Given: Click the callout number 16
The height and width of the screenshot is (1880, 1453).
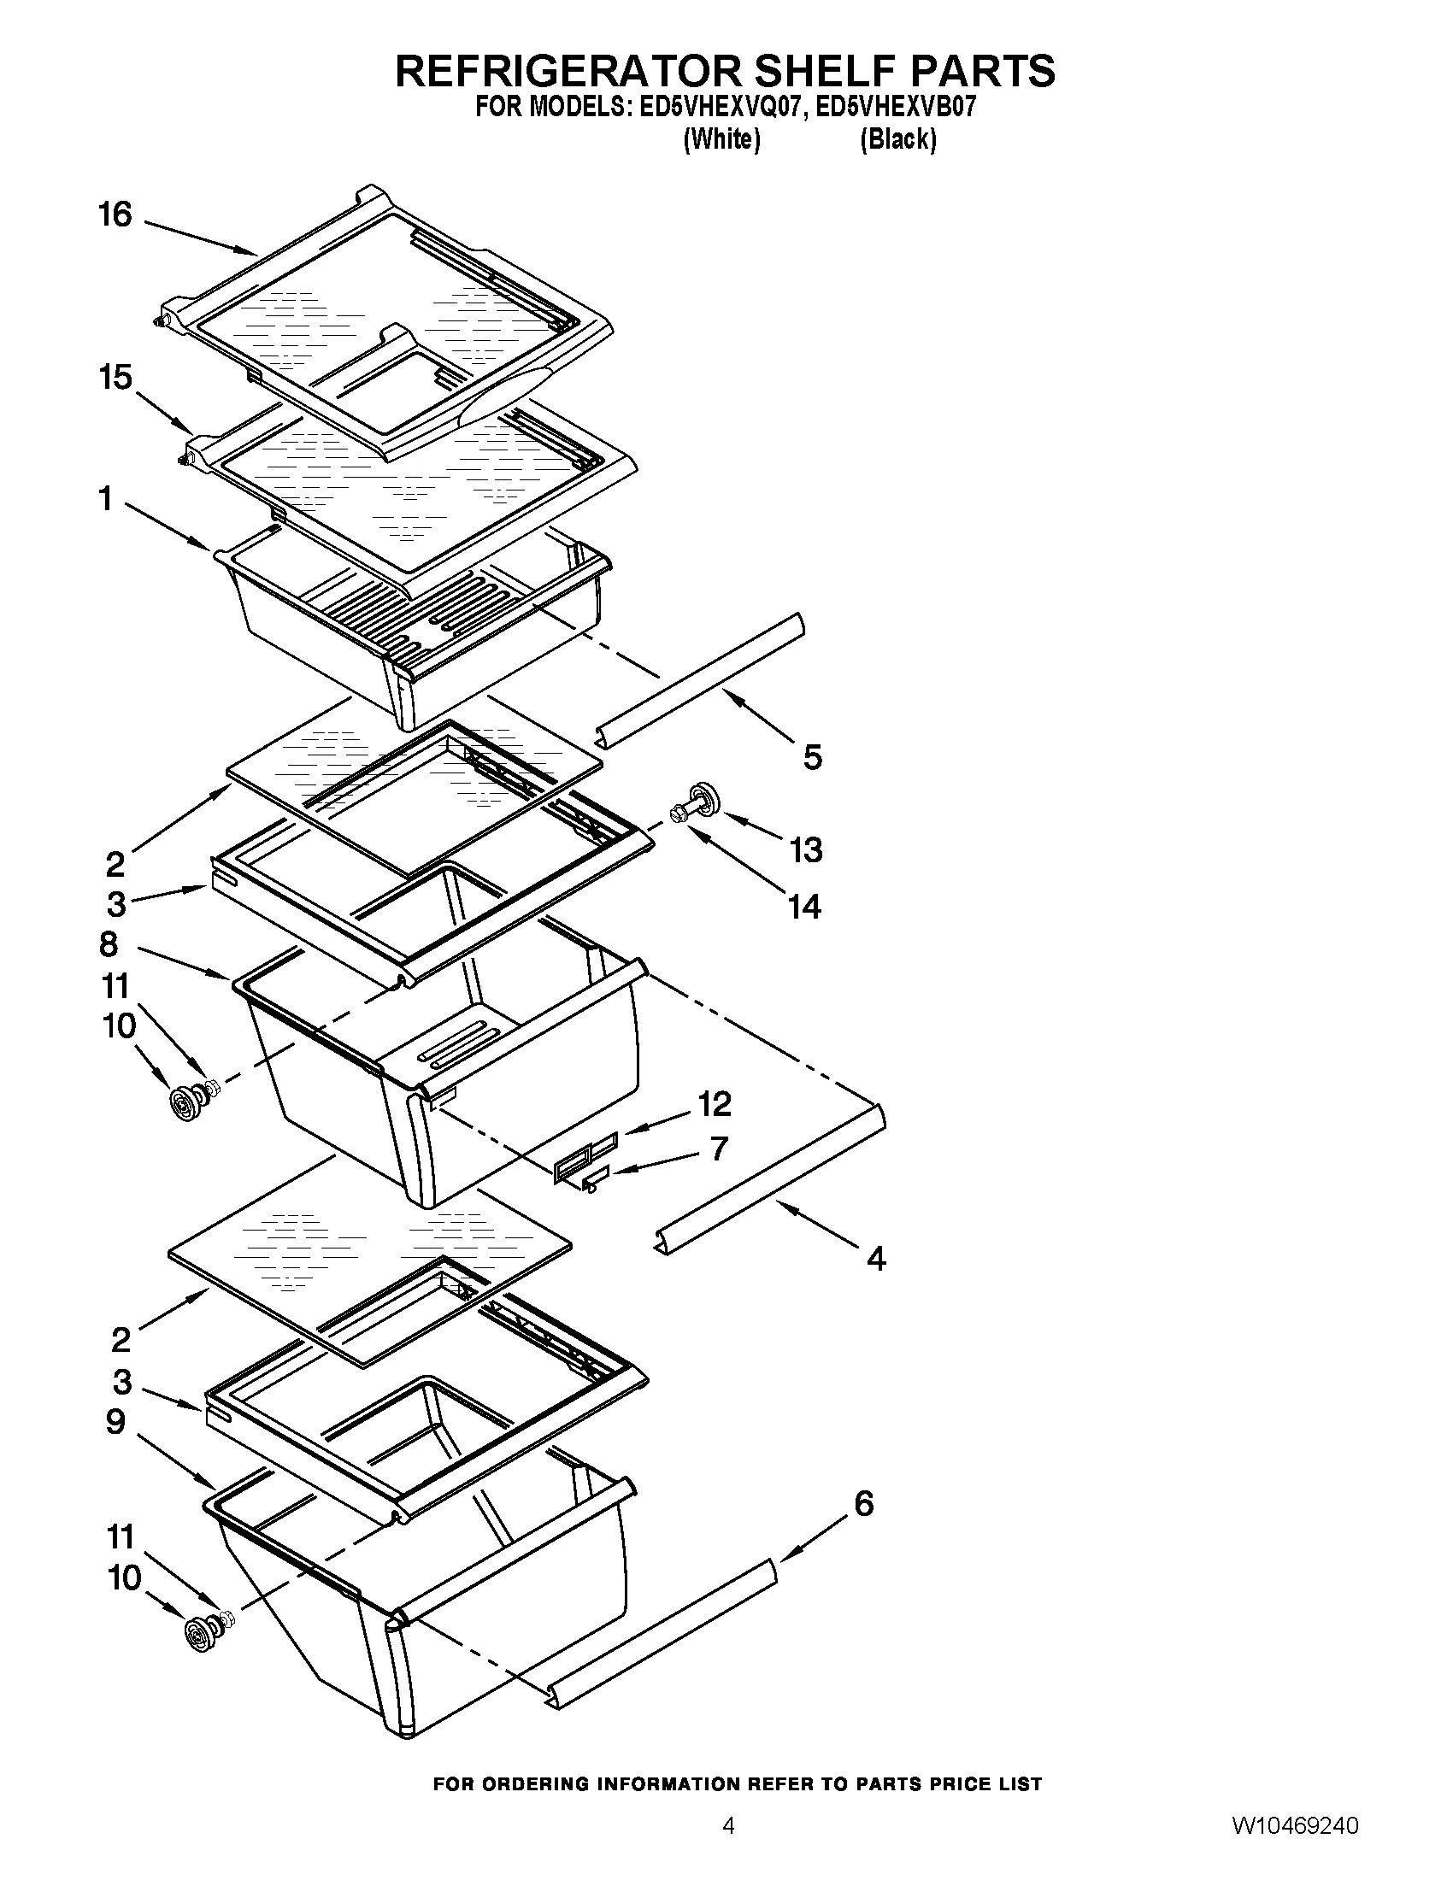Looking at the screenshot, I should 115,214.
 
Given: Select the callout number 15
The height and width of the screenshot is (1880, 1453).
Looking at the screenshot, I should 115,377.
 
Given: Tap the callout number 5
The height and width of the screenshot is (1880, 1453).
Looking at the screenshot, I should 813,757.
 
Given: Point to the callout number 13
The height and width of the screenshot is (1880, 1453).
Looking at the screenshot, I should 806,849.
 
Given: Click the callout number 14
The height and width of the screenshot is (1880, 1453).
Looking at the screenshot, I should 804,907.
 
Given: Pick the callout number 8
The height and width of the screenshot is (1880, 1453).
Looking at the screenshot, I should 109,944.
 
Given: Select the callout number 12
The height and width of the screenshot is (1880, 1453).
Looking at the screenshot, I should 715,1103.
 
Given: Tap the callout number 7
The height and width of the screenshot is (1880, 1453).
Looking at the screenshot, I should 720,1149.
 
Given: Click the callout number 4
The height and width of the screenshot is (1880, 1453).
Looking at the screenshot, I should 875,1260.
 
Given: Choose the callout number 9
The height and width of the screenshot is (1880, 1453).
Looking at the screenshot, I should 115,1422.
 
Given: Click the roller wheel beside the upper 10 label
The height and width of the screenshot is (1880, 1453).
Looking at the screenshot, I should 184,1103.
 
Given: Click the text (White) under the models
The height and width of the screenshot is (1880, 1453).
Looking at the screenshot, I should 721,138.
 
